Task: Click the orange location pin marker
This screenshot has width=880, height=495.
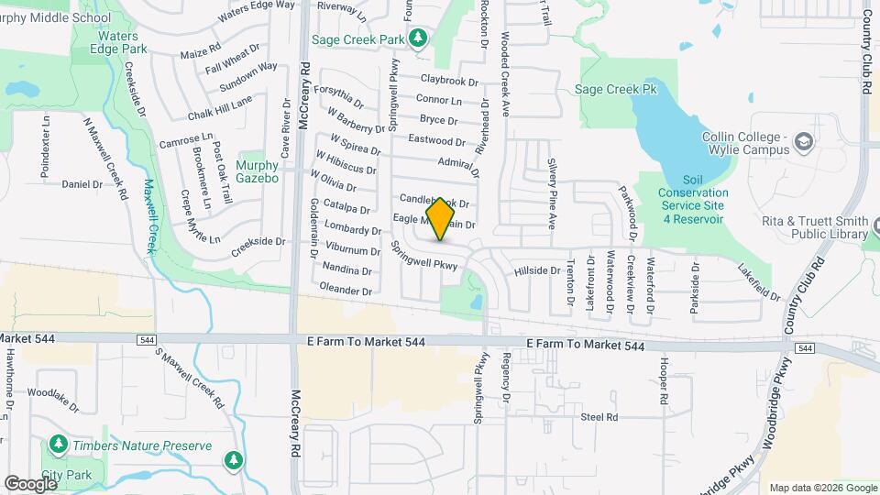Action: pos(441,219)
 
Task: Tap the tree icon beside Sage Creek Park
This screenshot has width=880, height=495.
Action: pos(418,38)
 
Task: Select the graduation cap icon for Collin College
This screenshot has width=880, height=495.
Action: pos(804,141)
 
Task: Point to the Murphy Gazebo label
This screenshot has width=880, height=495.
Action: pos(257,171)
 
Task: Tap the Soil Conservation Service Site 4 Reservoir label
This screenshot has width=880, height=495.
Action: pos(692,199)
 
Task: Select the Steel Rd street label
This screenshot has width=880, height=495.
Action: pos(599,417)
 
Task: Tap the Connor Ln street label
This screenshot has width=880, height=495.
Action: pos(438,99)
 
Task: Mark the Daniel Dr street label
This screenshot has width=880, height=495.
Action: pos(82,184)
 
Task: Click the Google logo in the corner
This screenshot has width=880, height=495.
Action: pos(30,483)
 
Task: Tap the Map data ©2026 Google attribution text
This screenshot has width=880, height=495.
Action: pos(822,488)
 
